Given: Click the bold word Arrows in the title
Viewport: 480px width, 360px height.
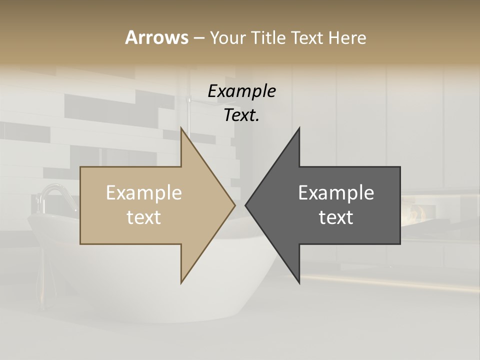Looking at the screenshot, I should click(156, 37).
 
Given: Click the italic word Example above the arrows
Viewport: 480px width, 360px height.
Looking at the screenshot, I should click(241, 91).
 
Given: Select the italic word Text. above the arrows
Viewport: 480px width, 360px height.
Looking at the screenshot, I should click(241, 115).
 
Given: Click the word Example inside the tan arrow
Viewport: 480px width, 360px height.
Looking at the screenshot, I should click(144, 193).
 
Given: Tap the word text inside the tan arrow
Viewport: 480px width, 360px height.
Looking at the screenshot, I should click(144, 217).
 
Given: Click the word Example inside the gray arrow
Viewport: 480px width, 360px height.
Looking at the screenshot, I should click(336, 193).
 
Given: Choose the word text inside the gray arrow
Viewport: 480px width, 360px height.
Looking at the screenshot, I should click(336, 217).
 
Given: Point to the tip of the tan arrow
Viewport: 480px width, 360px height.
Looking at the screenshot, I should click(234, 205).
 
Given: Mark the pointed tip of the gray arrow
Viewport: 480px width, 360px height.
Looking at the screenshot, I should click(245, 205).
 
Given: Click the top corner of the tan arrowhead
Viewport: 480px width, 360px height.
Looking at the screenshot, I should click(181, 128).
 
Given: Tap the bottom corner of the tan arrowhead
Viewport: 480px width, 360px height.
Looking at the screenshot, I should click(181, 282).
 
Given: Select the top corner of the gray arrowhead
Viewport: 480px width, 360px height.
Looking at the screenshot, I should click(299, 128).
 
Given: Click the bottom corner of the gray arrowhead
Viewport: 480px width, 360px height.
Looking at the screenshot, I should click(299, 282).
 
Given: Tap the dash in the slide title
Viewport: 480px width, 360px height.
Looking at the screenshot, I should click(198, 38).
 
